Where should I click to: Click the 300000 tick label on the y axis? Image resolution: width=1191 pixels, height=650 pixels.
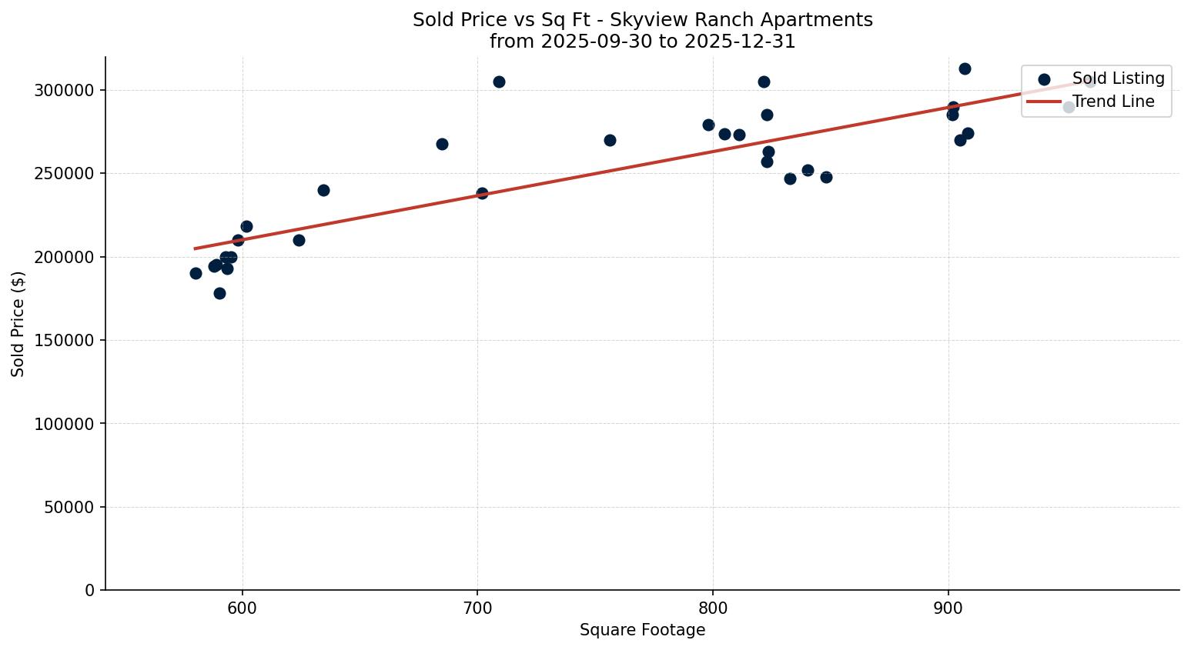[x=64, y=91]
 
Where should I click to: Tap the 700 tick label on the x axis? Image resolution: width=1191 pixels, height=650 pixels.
[x=477, y=606]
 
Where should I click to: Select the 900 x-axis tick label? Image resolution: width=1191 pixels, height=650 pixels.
[x=948, y=606]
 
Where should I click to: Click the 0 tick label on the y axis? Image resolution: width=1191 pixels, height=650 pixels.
[x=90, y=591]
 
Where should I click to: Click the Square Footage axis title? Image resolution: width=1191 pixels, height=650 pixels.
[x=642, y=631]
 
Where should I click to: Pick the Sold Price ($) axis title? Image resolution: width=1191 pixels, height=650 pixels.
[x=18, y=324]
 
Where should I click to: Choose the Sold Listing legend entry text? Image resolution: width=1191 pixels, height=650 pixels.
[x=1118, y=78]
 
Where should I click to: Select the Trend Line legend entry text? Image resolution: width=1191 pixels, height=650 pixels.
[x=1113, y=102]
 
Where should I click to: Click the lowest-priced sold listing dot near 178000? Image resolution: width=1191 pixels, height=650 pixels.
[x=219, y=293]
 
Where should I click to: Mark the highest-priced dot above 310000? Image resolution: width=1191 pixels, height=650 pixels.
[x=965, y=68]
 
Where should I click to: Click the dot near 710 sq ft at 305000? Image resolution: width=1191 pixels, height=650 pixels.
[x=499, y=82]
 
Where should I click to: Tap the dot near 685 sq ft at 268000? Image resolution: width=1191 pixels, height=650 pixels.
[x=442, y=144]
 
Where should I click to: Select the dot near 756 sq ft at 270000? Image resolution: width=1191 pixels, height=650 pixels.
[x=610, y=140]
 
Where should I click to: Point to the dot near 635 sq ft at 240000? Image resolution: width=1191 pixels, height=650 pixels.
[x=323, y=190]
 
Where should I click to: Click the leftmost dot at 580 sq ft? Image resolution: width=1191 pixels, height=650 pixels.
[x=196, y=273]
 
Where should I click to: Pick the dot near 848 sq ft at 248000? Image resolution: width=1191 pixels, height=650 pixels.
[x=826, y=177]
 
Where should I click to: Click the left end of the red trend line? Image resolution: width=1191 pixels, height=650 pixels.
[x=196, y=248]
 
